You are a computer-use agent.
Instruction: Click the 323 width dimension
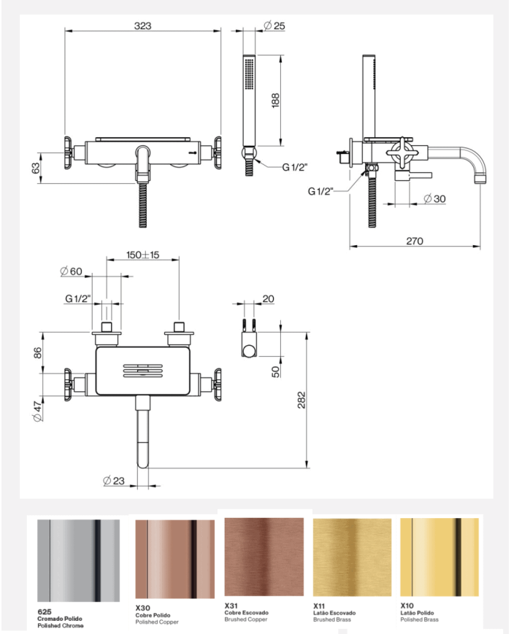tap(143, 26)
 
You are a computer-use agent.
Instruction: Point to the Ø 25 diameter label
tap(274, 26)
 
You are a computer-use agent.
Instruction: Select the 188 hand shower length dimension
tap(275, 100)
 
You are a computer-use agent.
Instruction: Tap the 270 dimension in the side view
tap(415, 241)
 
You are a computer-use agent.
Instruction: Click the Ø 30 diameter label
tap(434, 198)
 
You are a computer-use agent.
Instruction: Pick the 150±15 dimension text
tap(143, 255)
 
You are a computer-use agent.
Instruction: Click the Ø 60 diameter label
tap(72, 271)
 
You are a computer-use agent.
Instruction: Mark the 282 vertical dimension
tap(301, 400)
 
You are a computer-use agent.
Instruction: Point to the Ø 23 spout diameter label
tap(114, 481)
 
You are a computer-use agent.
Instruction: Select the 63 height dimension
tap(36, 168)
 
